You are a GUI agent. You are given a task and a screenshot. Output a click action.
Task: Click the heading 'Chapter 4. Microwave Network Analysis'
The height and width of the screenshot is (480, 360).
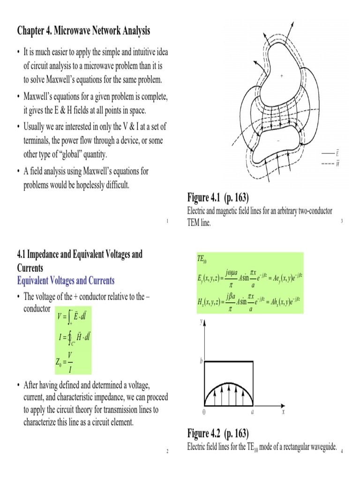pos(84,31)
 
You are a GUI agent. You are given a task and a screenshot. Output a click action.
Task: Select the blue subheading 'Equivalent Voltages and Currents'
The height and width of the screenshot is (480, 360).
pos(66,281)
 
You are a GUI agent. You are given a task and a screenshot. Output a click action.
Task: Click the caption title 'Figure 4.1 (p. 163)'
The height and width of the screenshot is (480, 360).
pos(217,196)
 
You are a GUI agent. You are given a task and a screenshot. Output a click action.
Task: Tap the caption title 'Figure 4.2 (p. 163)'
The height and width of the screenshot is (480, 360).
pos(217,432)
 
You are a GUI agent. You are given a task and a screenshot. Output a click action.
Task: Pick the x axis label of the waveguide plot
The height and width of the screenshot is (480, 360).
pos(283,412)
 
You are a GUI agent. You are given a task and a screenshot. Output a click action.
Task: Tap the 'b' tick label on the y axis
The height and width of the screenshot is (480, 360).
pos(202,361)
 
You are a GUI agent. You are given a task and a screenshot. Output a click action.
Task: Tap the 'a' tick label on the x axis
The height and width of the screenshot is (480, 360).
pos(253,412)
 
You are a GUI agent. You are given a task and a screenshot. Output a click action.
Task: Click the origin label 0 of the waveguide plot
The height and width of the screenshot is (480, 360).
pos(203,412)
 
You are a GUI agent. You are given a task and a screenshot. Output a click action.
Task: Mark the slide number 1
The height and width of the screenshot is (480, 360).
pos(166,221)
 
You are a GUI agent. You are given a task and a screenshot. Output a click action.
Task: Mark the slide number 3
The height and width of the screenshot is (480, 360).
pos(342,221)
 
